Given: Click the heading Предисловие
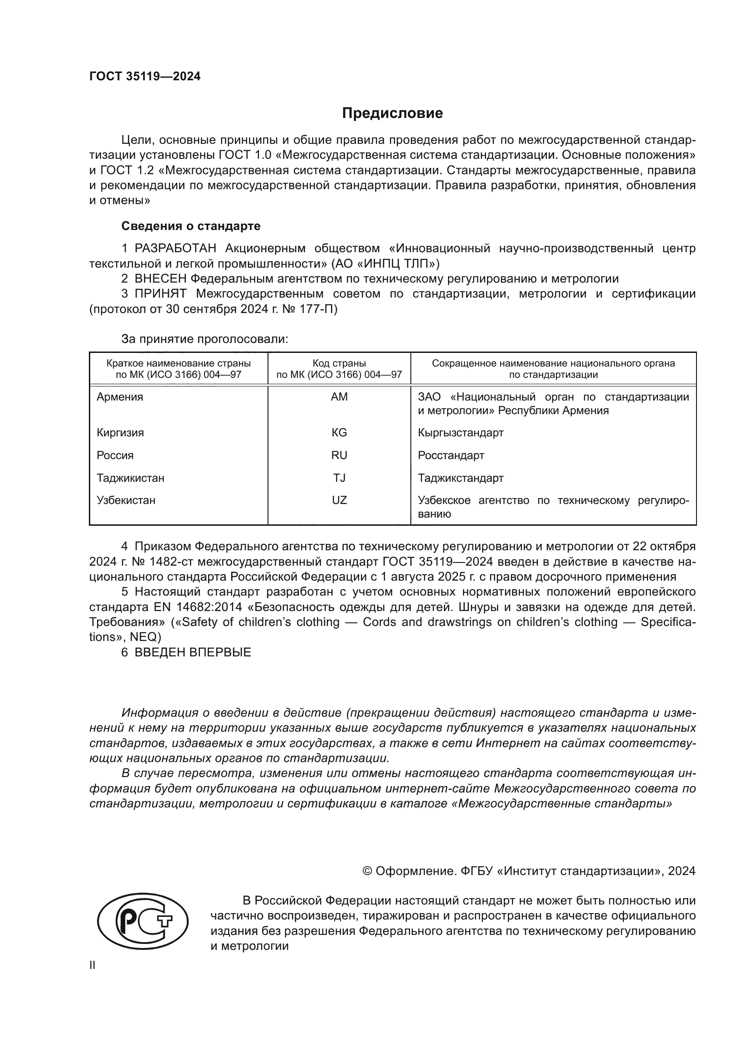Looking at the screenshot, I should click(x=392, y=113).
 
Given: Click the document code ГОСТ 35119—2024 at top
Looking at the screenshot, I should click(x=145, y=77).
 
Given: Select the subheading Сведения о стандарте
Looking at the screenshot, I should click(x=191, y=226).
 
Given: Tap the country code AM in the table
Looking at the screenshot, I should click(x=339, y=397).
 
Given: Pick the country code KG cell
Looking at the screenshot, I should click(x=339, y=433).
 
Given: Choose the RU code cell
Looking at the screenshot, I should click(x=339, y=455).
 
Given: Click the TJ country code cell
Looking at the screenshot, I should click(x=339, y=478).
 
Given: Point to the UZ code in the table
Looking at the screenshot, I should click(x=339, y=500).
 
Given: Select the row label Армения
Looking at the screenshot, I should click(x=120, y=397).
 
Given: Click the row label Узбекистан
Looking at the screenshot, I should click(x=126, y=500).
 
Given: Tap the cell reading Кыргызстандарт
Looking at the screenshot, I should click(x=460, y=433).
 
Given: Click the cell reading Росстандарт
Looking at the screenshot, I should click(x=451, y=455).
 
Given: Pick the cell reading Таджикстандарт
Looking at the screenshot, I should click(x=460, y=478).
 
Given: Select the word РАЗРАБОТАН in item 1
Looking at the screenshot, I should click(x=175, y=248).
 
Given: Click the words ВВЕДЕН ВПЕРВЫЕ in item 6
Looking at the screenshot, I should click(x=193, y=652).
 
